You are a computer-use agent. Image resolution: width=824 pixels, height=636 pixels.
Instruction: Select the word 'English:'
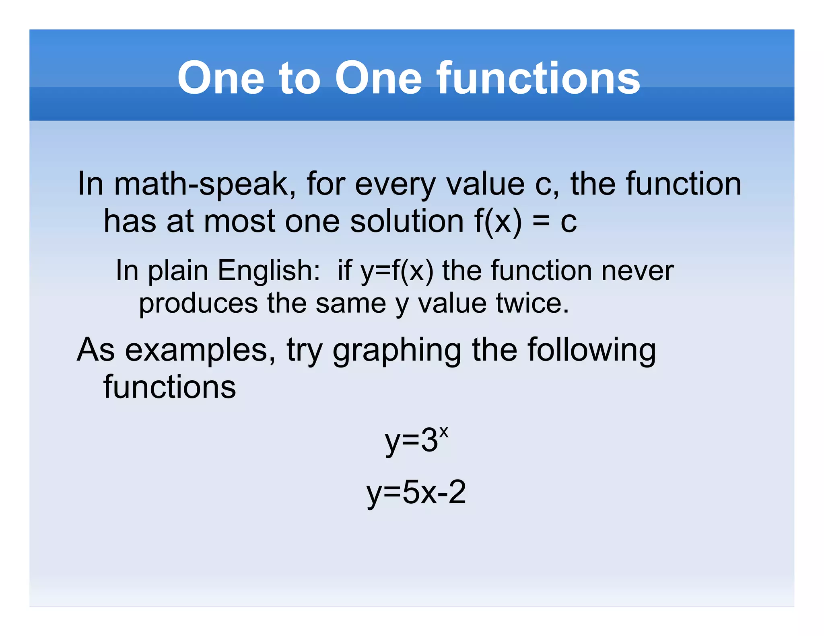click(x=269, y=271)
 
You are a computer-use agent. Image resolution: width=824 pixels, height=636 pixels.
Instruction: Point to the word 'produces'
click(x=198, y=304)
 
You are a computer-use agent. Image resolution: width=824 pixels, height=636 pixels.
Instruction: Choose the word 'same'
click(x=350, y=303)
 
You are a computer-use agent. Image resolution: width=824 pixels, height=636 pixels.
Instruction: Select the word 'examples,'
click(x=200, y=351)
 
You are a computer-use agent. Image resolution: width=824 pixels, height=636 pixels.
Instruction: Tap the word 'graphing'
click(x=397, y=351)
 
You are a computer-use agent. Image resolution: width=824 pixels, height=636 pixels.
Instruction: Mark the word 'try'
click(x=305, y=351)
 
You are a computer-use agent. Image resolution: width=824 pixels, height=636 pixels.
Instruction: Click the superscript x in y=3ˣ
click(x=443, y=432)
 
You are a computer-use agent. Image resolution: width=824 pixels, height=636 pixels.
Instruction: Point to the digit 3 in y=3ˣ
click(x=429, y=441)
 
